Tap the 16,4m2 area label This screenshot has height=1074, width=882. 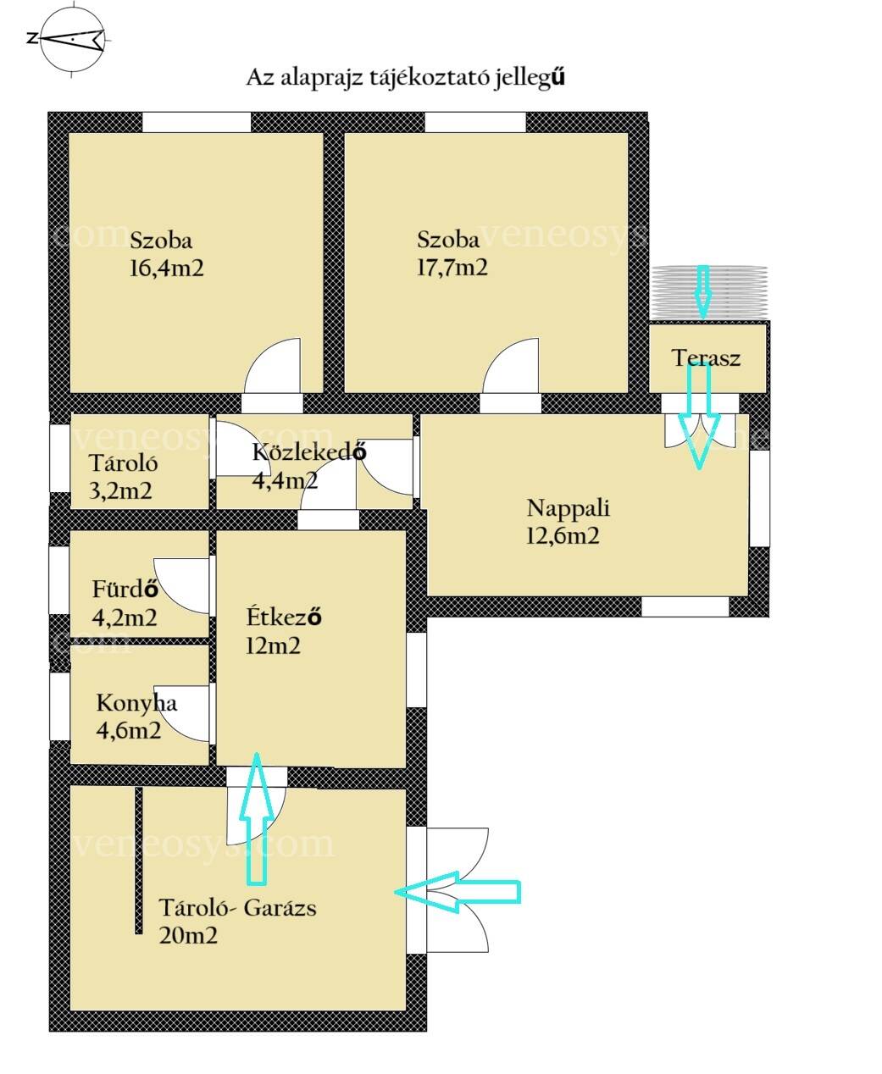coord(166,268)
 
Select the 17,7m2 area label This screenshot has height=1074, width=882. coord(452,268)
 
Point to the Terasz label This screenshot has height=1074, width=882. coord(706,358)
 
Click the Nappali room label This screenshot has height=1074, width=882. coord(569,508)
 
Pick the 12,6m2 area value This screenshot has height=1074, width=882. coord(563,535)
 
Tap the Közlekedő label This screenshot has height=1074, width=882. coord(308,451)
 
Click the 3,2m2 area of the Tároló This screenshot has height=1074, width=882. coord(120,491)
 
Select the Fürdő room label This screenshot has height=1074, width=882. coord(125,590)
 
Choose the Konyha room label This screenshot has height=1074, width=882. coord(136,703)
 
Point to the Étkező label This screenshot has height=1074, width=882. coord(284,617)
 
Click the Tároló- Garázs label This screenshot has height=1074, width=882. coord(237,908)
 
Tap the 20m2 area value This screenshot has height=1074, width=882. coord(188,935)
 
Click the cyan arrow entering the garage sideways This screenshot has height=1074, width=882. coord(458,892)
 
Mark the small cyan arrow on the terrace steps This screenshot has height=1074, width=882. coord(702,291)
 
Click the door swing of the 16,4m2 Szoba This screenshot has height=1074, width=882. coord(273,366)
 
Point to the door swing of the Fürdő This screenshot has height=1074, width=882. coord(181,585)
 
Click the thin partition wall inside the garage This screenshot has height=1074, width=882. coord(139,861)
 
